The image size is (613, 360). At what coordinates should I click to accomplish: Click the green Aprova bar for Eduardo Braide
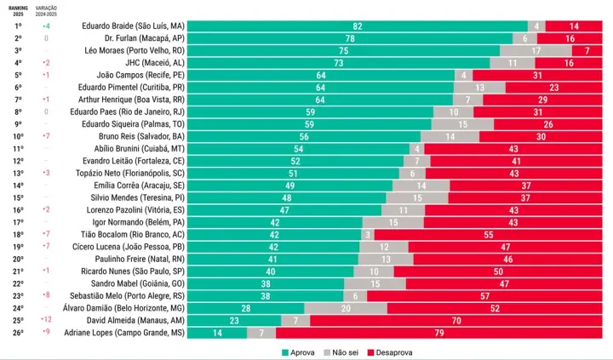(358, 26)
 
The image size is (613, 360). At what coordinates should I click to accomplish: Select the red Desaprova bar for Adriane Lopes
(439, 333)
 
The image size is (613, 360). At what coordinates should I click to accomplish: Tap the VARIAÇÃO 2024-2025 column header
(46, 9)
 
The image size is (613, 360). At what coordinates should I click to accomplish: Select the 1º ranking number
(18, 26)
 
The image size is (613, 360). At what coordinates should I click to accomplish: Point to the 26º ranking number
(18, 333)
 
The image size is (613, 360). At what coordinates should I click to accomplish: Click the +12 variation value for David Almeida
(46, 321)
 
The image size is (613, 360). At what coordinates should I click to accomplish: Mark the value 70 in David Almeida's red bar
(457, 321)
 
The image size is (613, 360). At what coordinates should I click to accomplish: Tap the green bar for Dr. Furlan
(350, 39)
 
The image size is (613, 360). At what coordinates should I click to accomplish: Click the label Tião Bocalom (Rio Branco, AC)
(139, 235)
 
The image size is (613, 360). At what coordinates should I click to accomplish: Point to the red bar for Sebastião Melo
(484, 296)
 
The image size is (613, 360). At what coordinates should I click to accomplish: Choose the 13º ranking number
(18, 174)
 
